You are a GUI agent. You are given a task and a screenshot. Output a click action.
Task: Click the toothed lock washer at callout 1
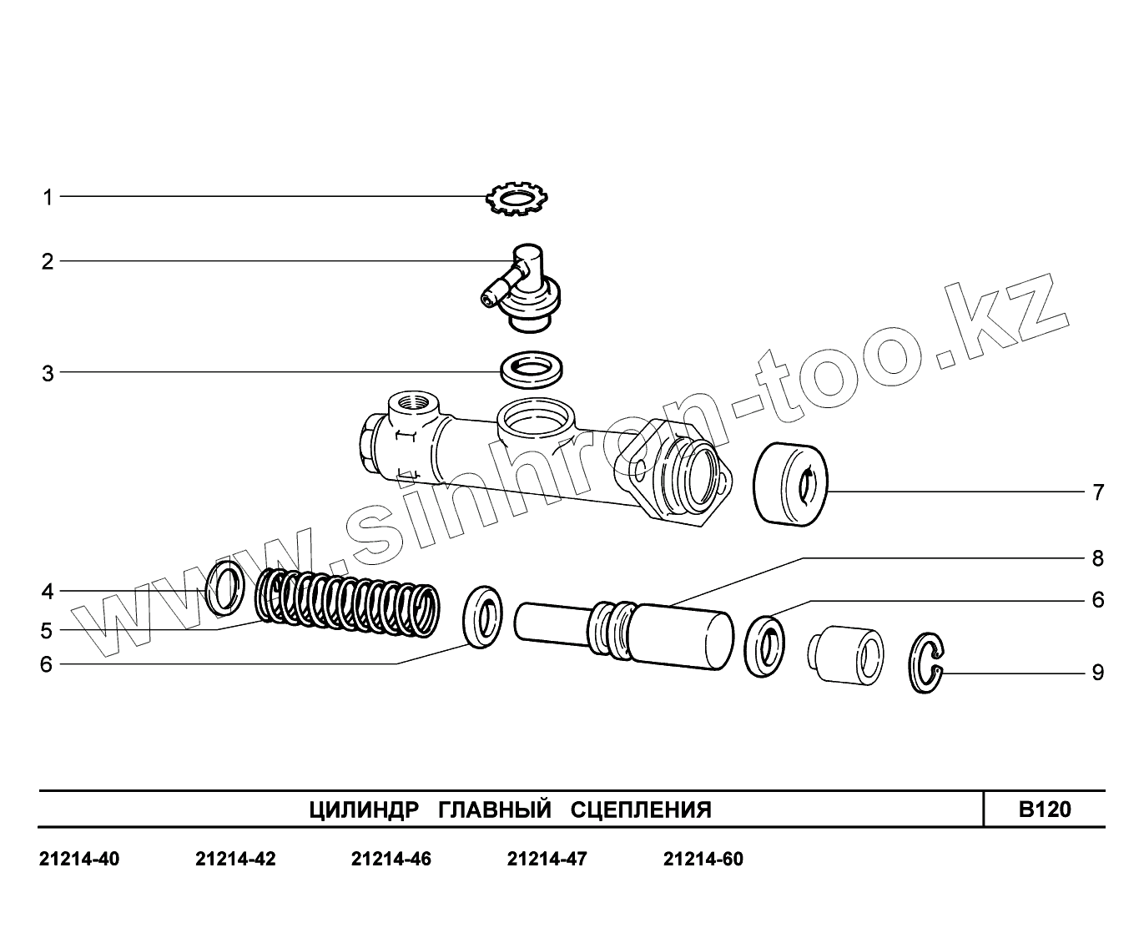517,199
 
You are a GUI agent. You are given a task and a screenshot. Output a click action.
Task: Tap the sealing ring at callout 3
531,369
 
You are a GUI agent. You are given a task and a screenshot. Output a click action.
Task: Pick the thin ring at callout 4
224,588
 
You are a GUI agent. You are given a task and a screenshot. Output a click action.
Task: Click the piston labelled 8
626,631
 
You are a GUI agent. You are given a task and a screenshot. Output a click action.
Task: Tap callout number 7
1098,492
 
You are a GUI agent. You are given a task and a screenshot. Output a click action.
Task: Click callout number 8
1098,558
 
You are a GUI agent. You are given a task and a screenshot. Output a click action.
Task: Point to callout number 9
1098,673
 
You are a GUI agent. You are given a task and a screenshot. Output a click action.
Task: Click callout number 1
48,198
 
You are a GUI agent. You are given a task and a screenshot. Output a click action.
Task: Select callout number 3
48,373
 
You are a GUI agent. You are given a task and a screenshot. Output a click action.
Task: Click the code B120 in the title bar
1045,809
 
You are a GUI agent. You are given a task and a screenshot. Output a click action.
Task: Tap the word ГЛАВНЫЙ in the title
495,809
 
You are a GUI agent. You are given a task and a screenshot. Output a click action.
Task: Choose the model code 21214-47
547,859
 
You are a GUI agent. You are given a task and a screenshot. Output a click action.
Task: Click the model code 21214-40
79,859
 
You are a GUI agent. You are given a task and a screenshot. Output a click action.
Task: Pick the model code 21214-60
703,859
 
